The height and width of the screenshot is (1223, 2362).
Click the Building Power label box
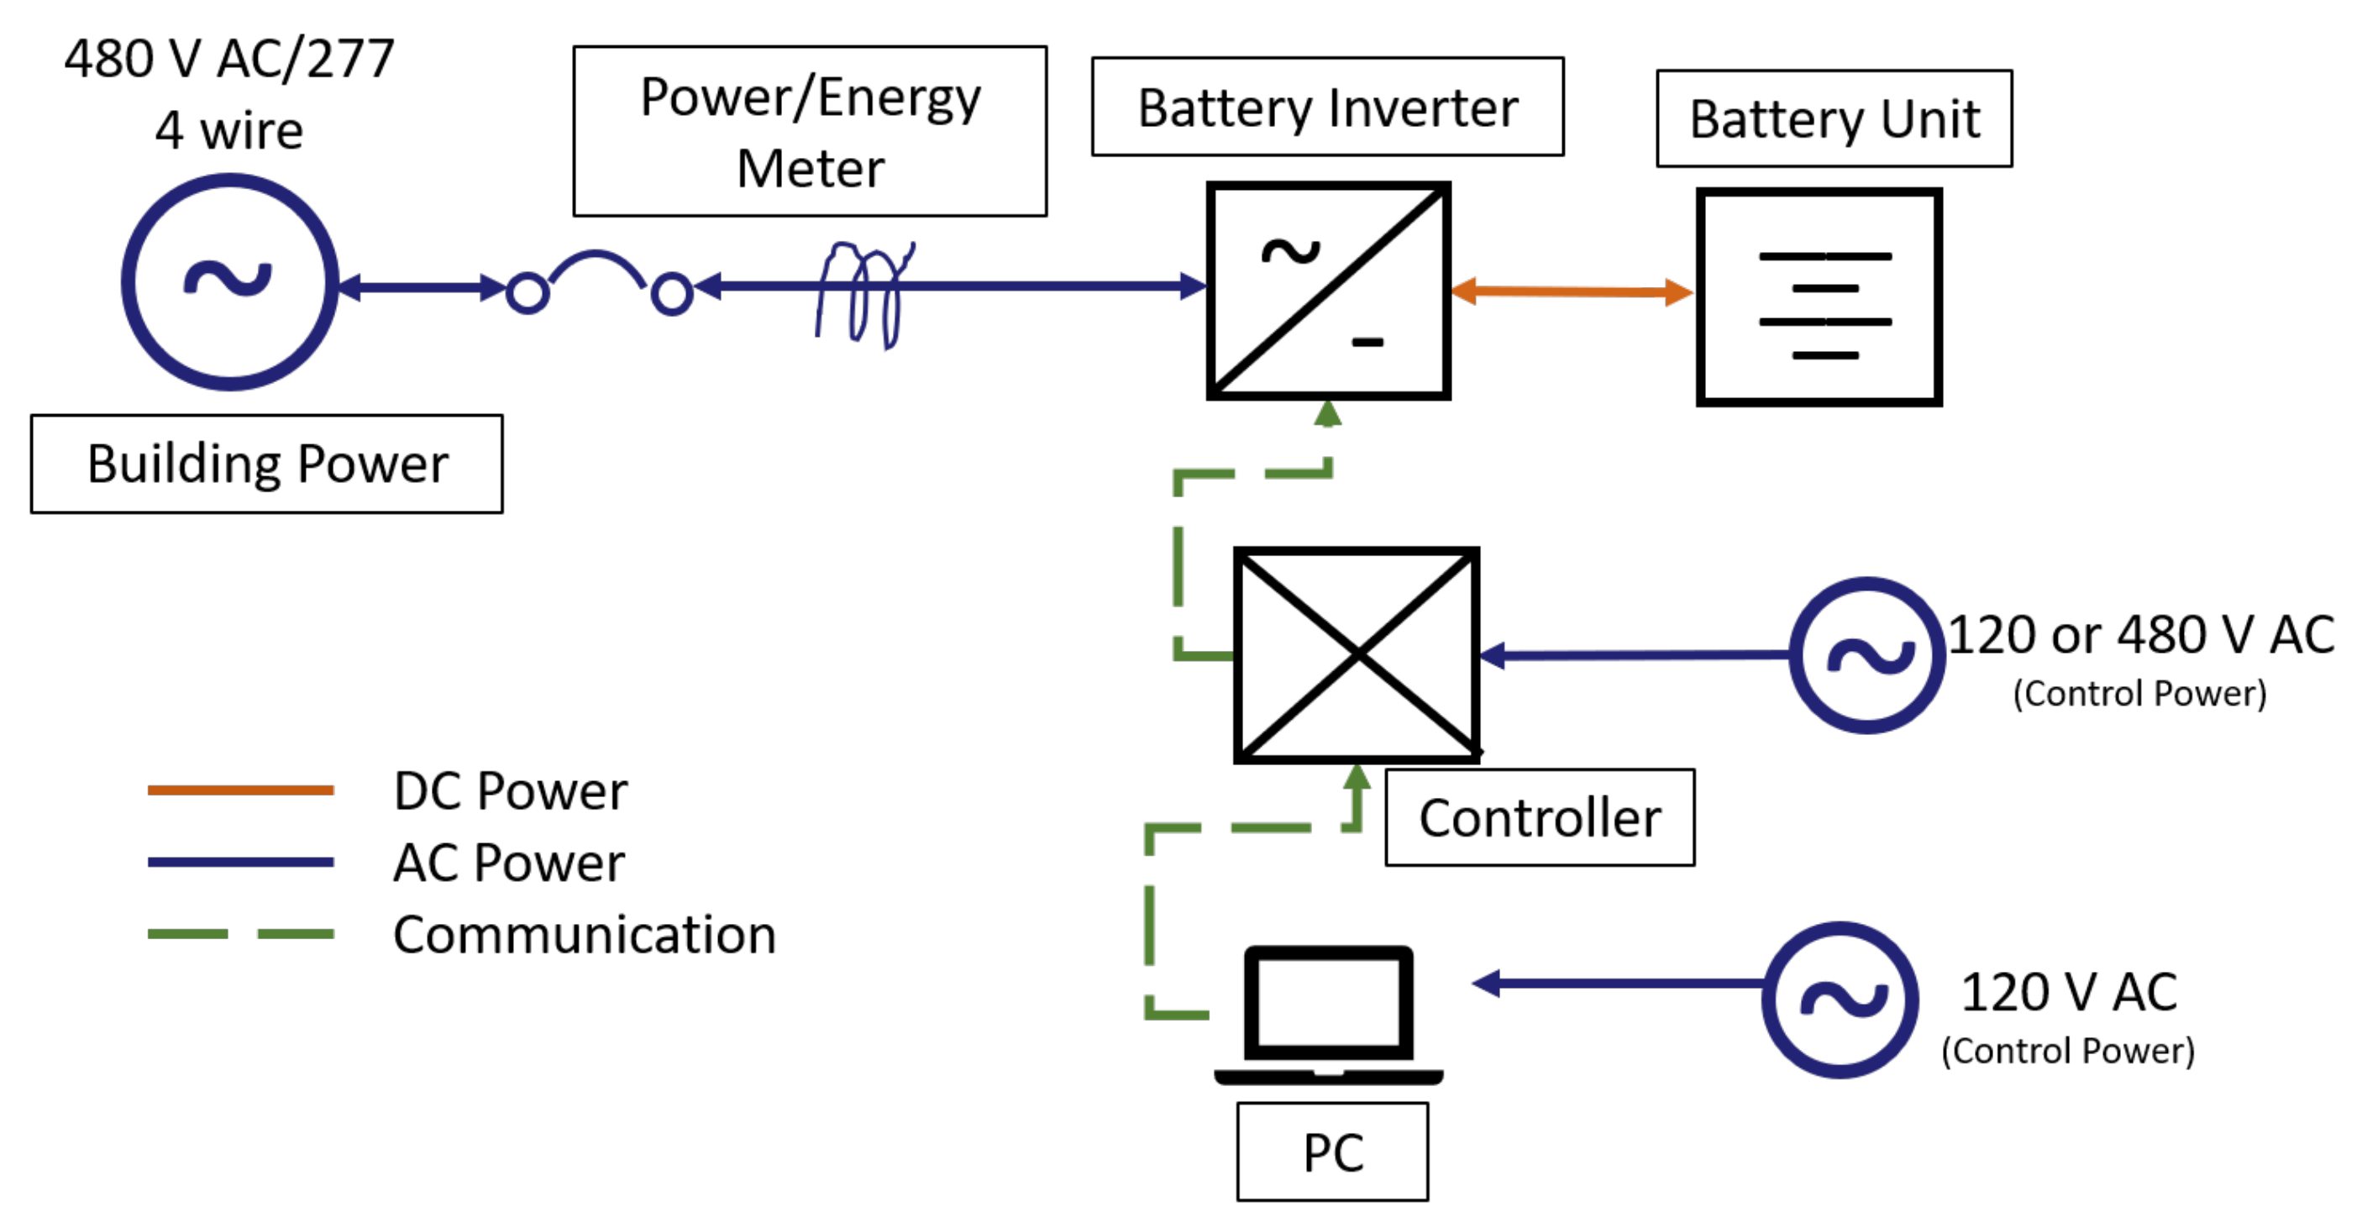(x=266, y=464)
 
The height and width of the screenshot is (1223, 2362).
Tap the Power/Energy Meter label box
(x=810, y=131)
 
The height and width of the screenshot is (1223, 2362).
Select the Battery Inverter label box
(x=1327, y=108)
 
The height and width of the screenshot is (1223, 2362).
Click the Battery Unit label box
(x=1834, y=118)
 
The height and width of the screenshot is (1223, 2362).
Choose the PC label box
(x=1331, y=1152)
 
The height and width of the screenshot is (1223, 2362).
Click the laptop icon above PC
(x=1328, y=1013)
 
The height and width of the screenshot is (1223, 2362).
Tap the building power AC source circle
(x=229, y=282)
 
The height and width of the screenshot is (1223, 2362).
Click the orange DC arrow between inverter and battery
(x=1571, y=291)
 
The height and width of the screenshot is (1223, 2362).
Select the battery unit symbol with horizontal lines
(x=1819, y=297)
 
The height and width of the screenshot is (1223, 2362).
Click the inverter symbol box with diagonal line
(x=1328, y=291)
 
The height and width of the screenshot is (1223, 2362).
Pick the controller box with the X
(x=1356, y=654)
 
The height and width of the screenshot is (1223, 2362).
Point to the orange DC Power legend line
(x=240, y=790)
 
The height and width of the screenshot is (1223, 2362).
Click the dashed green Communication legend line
(x=240, y=933)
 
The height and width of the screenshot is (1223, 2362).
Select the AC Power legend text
(x=509, y=863)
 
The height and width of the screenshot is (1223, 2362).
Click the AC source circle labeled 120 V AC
(x=1840, y=1000)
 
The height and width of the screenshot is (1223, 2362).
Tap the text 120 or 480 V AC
(x=2140, y=634)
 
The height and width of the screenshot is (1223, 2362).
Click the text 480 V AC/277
(x=229, y=59)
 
